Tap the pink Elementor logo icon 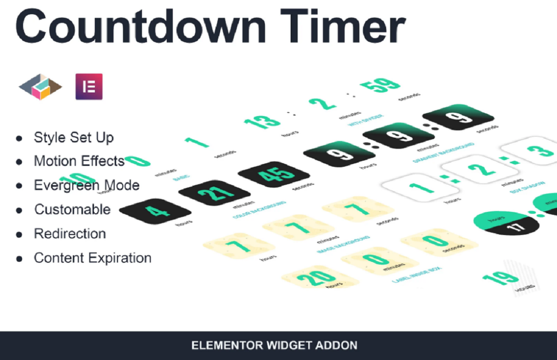(x=89, y=86)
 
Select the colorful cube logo (x=40, y=86)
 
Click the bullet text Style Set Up (x=74, y=138)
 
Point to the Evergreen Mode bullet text (x=86, y=185)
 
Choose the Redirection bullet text (x=70, y=234)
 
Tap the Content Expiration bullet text (x=93, y=258)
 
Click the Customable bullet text (x=72, y=209)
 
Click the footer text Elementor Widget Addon (x=274, y=346)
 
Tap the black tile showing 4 (x=155, y=211)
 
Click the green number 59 (x=380, y=86)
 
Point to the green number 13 (x=262, y=122)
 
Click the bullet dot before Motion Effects (x=19, y=162)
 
